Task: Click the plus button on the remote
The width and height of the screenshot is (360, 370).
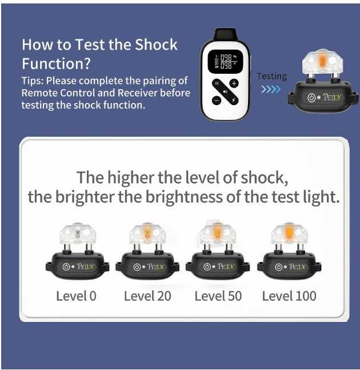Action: (x=234, y=83)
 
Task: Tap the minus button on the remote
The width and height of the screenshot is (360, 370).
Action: (x=217, y=100)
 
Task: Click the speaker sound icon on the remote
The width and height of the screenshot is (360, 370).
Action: (x=225, y=91)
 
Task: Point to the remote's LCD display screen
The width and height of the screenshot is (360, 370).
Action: (x=225, y=61)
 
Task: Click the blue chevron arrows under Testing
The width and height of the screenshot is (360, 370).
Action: (x=271, y=89)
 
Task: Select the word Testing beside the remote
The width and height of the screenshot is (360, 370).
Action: (x=271, y=76)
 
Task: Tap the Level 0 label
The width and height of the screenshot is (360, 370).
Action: (x=76, y=296)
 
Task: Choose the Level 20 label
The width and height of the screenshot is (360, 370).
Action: (x=147, y=296)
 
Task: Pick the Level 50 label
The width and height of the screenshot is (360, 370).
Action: (x=218, y=296)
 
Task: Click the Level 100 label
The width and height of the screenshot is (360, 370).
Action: (x=289, y=296)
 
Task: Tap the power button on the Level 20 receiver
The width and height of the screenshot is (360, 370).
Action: (x=137, y=267)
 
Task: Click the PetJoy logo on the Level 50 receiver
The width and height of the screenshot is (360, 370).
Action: (x=226, y=266)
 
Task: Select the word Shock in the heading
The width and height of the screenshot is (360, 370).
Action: (x=156, y=45)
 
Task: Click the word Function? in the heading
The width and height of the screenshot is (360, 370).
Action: (x=56, y=63)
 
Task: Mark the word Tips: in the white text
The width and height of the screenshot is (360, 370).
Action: (x=33, y=81)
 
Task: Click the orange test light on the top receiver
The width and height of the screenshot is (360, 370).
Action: (x=322, y=60)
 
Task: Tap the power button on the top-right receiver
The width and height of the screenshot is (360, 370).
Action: (x=311, y=97)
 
